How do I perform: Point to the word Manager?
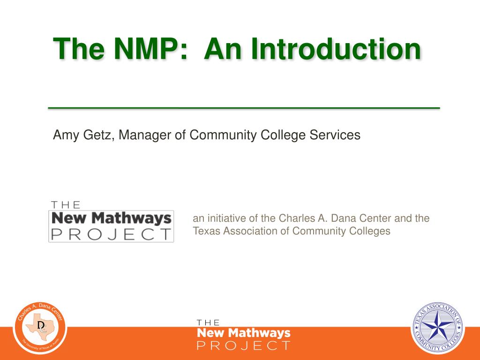click(145, 135)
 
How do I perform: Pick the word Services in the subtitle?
click(335, 135)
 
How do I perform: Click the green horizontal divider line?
click(244, 108)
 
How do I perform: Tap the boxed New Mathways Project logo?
click(111, 221)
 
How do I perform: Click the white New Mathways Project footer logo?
click(243, 335)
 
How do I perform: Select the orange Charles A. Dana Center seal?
click(40, 328)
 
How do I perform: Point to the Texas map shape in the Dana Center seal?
click(40, 327)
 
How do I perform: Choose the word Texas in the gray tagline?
click(206, 231)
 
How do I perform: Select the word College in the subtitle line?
click(283, 135)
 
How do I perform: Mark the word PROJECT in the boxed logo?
click(111, 234)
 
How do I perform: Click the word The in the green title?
click(79, 49)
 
